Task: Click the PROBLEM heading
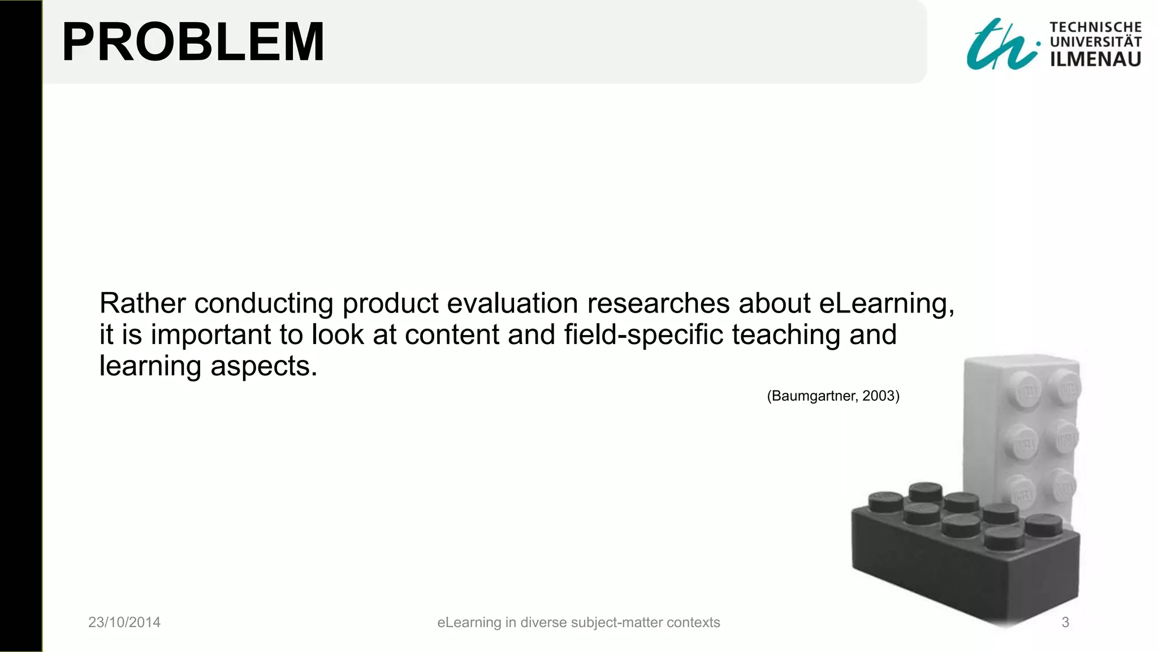[x=193, y=42]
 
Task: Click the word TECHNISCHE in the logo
[x=1095, y=27]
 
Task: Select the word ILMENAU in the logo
[x=1095, y=59]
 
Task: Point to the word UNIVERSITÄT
[x=1095, y=42]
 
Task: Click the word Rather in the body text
[x=142, y=303]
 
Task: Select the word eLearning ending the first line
[x=886, y=303]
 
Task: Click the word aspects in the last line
[x=263, y=366]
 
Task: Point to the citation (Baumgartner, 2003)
[x=833, y=396]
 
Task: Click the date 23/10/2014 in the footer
[x=124, y=622]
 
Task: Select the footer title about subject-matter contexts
[x=578, y=622]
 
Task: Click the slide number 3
[x=1065, y=622]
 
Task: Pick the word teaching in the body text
[x=786, y=334]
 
